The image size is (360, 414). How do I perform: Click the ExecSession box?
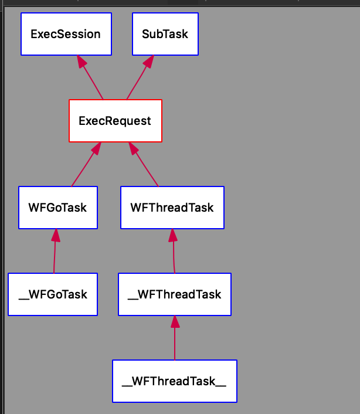pyautogui.click(x=66, y=34)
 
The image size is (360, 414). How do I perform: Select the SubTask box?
pyautogui.click(x=165, y=34)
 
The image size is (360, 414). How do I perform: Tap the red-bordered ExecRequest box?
pyautogui.click(x=115, y=121)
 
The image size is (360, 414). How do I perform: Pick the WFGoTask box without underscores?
pyautogui.click(x=57, y=208)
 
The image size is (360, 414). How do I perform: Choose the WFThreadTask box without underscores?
pyautogui.click(x=172, y=208)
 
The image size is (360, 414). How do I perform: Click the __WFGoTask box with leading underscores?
pyautogui.click(x=53, y=294)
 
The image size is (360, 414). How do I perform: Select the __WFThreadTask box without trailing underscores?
pyautogui.click(x=174, y=294)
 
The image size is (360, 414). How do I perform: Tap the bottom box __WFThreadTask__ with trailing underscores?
pyautogui.click(x=174, y=381)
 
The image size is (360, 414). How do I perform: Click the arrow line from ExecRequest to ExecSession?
pyautogui.click(x=93, y=82)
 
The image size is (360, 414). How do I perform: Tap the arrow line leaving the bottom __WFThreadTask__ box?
pyautogui.click(x=174, y=344)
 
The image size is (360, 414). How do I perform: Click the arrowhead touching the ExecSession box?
pyautogui.click(x=81, y=62)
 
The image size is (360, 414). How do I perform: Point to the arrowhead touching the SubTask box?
pyautogui.click(x=149, y=62)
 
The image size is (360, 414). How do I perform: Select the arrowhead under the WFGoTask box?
pyautogui.click(x=56, y=235)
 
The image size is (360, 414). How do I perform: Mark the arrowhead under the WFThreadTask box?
pyautogui.click(x=173, y=235)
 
